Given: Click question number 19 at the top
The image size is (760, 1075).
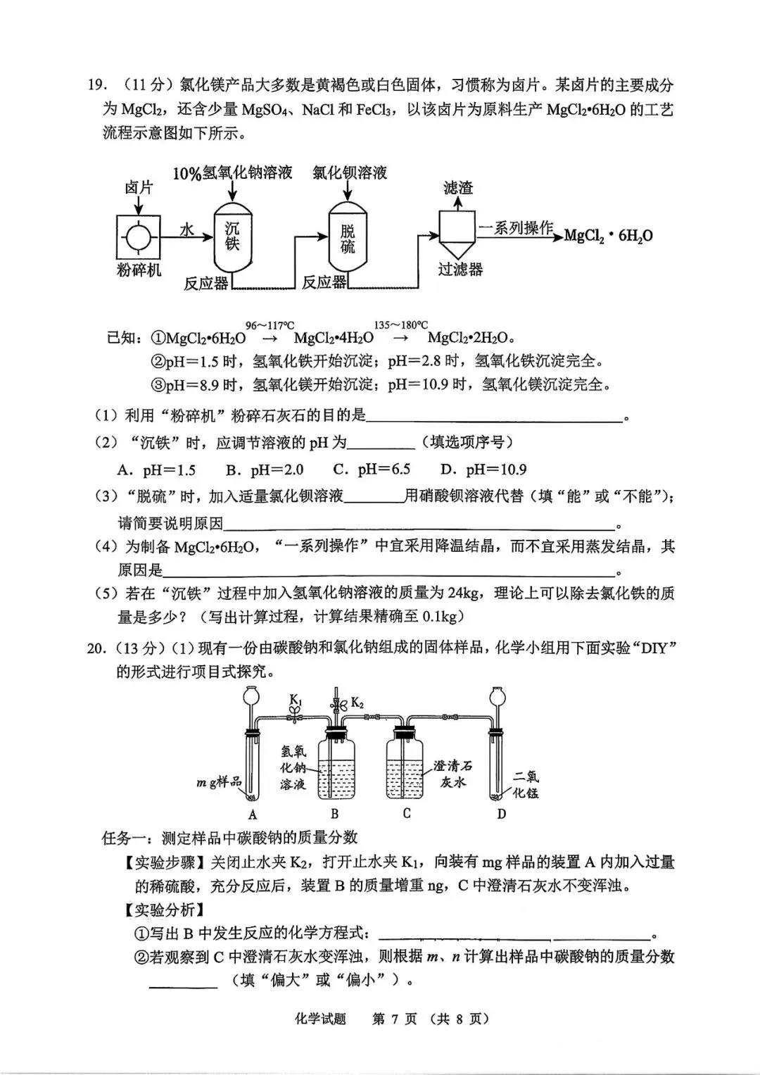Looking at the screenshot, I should pos(96,86).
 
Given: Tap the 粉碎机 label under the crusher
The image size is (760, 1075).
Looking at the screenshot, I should pos(139,270).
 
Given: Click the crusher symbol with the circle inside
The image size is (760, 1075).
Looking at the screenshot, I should pos(138,237).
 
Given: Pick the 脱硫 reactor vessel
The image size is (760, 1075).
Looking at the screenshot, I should pos(348,238).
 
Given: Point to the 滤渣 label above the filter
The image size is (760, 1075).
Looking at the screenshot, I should pos(458,187).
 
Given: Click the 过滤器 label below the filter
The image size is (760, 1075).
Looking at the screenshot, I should pos(460,269).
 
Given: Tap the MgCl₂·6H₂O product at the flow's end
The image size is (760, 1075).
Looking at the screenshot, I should pos(608,236).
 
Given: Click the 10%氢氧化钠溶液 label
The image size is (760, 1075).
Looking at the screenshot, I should pos(232,173).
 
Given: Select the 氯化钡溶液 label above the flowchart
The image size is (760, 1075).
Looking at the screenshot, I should pos(350,173).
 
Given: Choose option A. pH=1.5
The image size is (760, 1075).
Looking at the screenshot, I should pos(157,470).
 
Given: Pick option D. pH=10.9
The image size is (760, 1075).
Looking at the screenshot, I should pos(483,470).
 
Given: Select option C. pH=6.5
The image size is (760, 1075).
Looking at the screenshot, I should pos(372,470).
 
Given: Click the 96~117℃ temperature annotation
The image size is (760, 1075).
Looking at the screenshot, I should pos(270,325).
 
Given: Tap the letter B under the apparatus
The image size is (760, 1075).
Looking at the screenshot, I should pos(334,814).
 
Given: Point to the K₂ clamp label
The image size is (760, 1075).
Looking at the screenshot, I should pos(357,703).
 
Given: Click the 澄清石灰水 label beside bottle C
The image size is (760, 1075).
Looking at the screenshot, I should pos(452,774).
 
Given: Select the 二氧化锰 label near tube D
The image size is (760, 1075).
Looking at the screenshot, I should pos(525,784).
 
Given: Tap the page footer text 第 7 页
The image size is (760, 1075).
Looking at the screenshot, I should pos(394,1019).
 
